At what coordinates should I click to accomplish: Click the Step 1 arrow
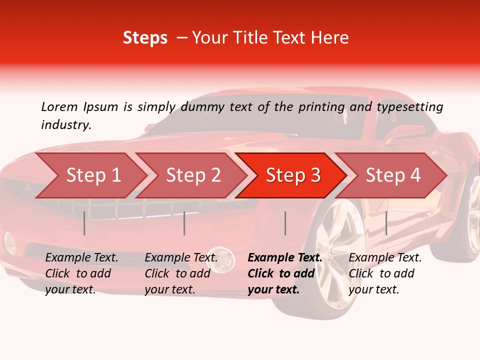(90, 175)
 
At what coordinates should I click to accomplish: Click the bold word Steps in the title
(145, 38)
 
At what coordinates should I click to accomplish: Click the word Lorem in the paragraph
(59, 106)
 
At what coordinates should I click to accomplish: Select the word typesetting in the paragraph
(409, 107)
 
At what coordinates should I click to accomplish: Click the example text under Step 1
(81, 273)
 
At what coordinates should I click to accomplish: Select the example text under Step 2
(181, 273)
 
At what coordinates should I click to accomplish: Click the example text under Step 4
(385, 273)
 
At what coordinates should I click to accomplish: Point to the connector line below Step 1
(84, 223)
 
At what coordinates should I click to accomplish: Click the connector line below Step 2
(184, 223)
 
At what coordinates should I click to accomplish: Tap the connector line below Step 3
(285, 223)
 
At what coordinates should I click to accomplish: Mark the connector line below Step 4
(386, 223)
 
